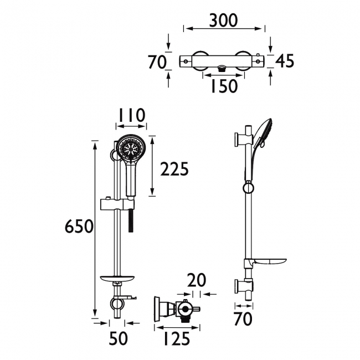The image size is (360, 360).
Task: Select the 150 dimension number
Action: point(224,86)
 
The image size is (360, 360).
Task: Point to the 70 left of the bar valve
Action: point(157,61)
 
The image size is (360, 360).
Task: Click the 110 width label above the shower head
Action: point(131,115)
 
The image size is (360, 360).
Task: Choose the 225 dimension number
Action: point(174,169)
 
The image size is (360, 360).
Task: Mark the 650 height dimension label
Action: point(78,227)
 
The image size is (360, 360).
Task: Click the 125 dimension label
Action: point(174,338)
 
